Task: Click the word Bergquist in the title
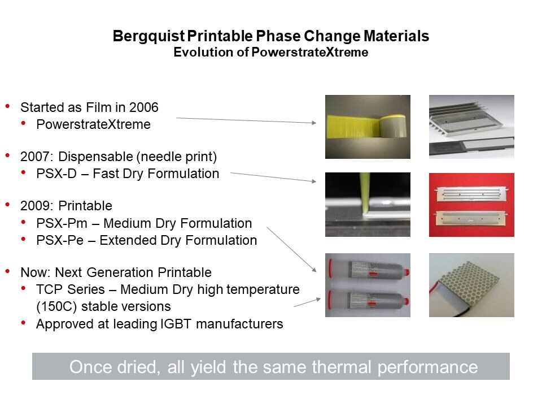(149, 36)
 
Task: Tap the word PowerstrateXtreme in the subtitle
(310, 52)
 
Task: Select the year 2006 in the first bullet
(143, 107)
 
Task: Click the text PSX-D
(56, 174)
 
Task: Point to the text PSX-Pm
(62, 223)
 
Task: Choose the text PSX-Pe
(60, 240)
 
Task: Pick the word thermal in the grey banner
(342, 367)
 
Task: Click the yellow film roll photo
(368, 127)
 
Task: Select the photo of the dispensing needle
(368, 205)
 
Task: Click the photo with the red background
(471, 205)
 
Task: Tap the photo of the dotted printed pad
(471, 285)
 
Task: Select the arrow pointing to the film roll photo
(246, 120)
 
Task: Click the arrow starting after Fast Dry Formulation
(273, 177)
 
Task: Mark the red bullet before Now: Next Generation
(7, 272)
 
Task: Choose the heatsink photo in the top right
(471, 127)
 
